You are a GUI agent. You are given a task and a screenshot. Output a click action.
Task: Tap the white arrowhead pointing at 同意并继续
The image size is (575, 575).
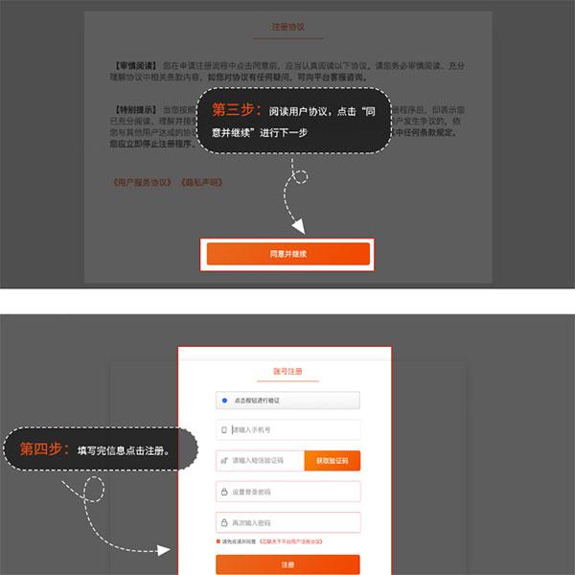coord(298,229)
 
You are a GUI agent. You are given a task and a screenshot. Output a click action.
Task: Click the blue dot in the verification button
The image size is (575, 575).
coord(225,401)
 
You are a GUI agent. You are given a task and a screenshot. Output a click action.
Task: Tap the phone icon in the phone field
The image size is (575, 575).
coord(224,430)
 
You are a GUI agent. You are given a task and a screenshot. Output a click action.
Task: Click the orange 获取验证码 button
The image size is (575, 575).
coord(333,461)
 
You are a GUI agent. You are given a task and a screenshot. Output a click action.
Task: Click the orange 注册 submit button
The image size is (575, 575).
coord(288,564)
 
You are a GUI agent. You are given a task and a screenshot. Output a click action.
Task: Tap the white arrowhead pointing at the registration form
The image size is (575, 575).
coord(165,551)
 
